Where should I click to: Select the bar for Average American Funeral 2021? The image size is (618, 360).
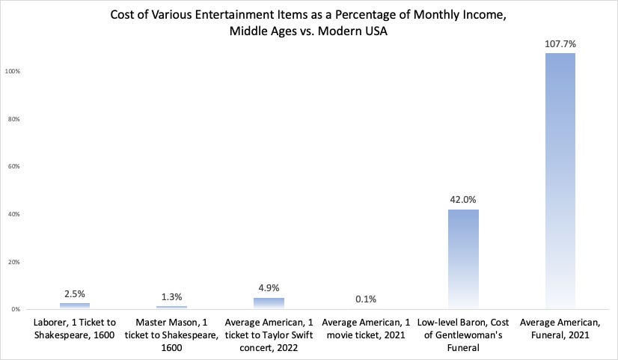coord(560,180)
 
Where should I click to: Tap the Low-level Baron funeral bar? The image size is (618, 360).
coord(463,258)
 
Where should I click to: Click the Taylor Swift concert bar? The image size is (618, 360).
coord(269,303)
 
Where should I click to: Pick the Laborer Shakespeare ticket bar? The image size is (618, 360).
coord(75,305)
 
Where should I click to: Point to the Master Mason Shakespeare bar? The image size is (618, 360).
coord(171,307)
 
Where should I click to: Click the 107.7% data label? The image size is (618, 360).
coord(560,44)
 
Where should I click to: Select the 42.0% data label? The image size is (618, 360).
coord(463,200)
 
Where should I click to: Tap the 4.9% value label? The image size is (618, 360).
coord(269,288)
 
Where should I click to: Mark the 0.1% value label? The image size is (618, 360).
coord(366,299)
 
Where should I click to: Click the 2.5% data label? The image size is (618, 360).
coord(75,293)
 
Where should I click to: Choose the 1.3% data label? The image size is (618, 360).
coord(171,296)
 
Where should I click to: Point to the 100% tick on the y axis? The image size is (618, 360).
coord(13,71)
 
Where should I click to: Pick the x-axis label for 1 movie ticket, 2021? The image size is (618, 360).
coord(366,329)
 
